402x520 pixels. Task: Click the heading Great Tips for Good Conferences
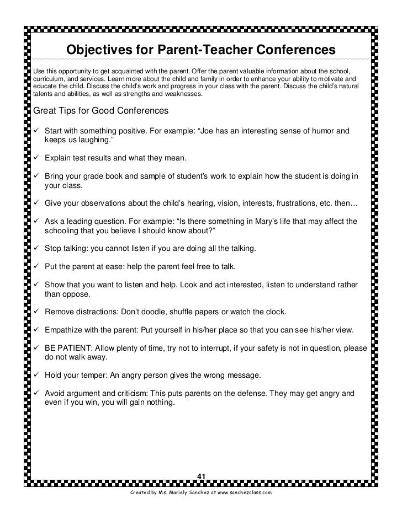(x=99, y=110)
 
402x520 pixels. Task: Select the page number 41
(x=201, y=476)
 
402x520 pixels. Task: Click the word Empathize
(x=66, y=330)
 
